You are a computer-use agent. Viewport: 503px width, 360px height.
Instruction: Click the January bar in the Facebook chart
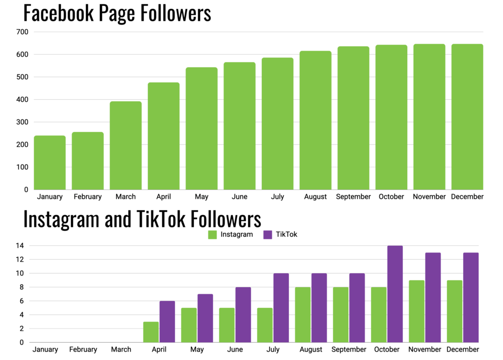[50, 163]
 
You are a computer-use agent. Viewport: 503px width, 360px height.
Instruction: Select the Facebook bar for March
[126, 145]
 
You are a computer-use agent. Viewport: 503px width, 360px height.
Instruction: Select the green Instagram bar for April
[151, 332]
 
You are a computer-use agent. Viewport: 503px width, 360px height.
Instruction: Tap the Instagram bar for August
[303, 314]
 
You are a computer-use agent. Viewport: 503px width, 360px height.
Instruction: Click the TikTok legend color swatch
[268, 235]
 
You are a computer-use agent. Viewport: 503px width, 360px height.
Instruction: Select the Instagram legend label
[237, 235]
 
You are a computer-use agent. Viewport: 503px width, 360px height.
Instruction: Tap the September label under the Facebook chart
[353, 197]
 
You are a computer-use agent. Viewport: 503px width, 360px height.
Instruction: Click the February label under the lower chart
[83, 350]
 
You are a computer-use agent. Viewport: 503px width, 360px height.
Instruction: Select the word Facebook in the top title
[57, 13]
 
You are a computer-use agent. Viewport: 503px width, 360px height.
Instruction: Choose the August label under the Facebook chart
[315, 197]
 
